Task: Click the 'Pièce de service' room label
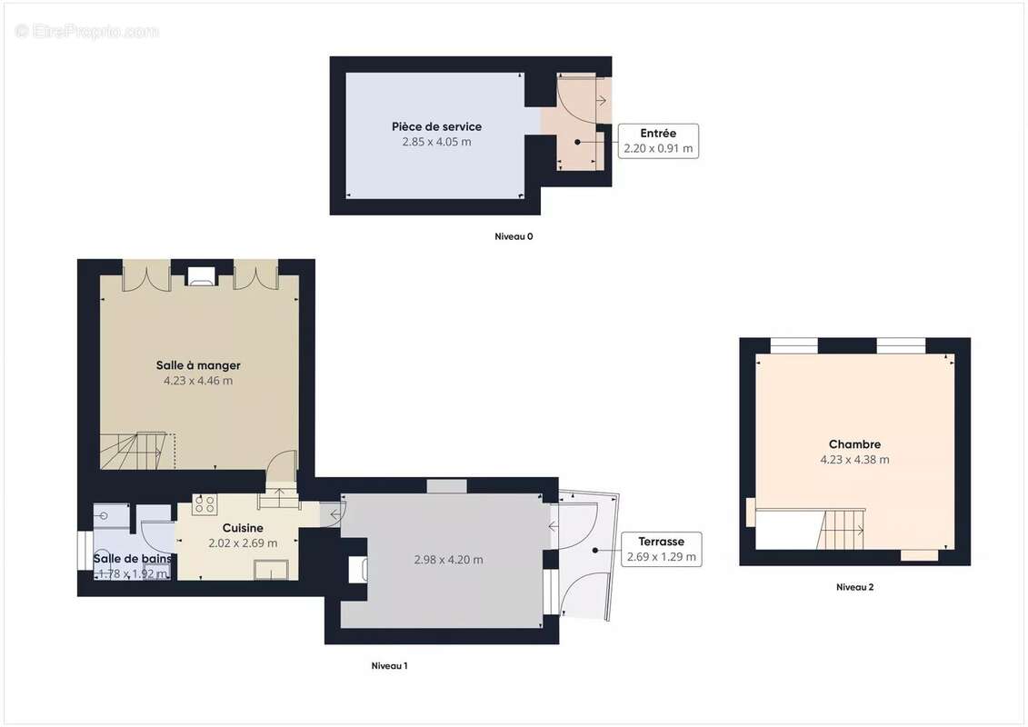tap(436, 126)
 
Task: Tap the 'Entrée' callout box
tap(658, 141)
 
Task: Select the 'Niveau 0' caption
tap(514, 236)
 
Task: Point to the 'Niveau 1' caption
tap(389, 666)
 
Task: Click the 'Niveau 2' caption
tap(854, 587)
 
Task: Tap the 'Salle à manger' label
tap(198, 365)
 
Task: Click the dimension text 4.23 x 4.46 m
tap(198, 381)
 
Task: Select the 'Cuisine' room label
tap(243, 528)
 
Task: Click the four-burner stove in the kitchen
tap(204, 503)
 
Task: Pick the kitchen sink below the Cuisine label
tap(272, 570)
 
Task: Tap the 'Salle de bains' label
tap(132, 559)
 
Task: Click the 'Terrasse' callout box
tap(661, 549)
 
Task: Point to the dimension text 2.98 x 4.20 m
tap(448, 560)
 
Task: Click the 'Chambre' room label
tap(854, 444)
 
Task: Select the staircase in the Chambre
tap(844, 529)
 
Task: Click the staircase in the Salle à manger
tap(135, 452)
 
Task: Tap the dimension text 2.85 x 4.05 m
tap(436, 142)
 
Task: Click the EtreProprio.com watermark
tap(86, 32)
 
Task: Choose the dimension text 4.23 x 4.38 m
tap(854, 460)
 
